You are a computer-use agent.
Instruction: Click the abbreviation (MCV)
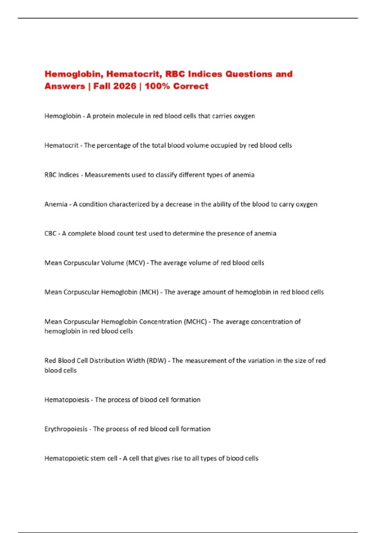click(x=135, y=263)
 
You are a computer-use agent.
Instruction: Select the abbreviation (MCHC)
click(x=195, y=322)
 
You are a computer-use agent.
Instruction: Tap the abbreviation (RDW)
click(x=156, y=361)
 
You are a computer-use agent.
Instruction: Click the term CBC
click(x=50, y=234)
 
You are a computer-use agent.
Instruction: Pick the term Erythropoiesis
click(x=66, y=429)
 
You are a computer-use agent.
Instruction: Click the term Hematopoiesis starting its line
click(x=67, y=400)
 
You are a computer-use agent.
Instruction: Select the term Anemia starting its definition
click(x=56, y=204)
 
